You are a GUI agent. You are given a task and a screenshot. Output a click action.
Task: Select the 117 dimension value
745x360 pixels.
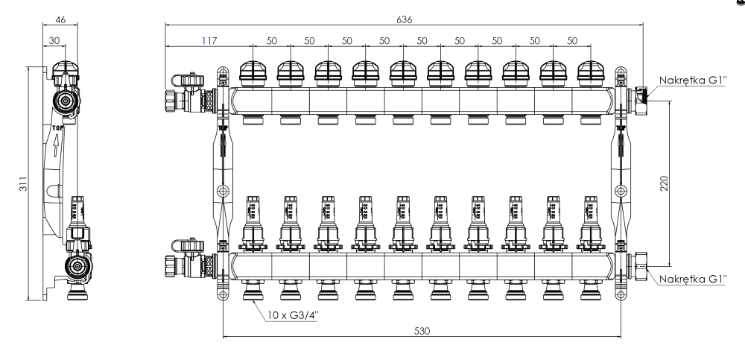click(x=209, y=41)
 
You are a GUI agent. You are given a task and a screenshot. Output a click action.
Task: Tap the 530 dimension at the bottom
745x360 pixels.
click(x=422, y=329)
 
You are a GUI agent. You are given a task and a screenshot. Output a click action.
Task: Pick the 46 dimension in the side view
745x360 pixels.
click(x=60, y=20)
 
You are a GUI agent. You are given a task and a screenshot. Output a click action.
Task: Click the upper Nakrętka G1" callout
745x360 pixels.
click(x=692, y=80)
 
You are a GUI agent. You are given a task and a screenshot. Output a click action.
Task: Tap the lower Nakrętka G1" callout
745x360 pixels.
click(x=692, y=278)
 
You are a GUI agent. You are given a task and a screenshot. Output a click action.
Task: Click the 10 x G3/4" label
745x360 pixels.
click(x=292, y=314)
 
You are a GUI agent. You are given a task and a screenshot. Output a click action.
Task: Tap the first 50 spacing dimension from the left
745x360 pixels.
click(x=271, y=41)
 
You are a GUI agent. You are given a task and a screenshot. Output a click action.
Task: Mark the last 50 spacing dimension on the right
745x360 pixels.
click(x=571, y=41)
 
